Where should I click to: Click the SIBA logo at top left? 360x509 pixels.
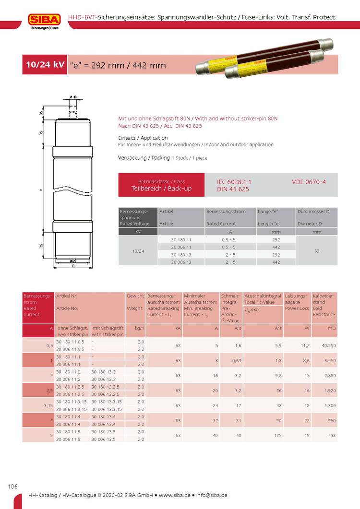(x=44, y=20)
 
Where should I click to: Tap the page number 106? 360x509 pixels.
(x=12, y=486)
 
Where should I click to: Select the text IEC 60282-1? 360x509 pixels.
(x=234, y=182)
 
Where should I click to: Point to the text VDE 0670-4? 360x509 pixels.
(x=309, y=182)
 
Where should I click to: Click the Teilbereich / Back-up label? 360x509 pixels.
(x=161, y=189)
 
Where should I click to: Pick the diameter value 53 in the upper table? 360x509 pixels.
(x=317, y=251)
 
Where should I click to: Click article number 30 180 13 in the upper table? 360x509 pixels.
(x=181, y=255)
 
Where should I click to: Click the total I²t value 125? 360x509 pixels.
(x=277, y=435)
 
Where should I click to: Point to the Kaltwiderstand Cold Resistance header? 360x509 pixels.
(x=324, y=305)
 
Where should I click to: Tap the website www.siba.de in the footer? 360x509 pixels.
(x=177, y=495)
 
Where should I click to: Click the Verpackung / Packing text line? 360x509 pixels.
(x=163, y=158)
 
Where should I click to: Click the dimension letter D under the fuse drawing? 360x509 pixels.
(x=72, y=265)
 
